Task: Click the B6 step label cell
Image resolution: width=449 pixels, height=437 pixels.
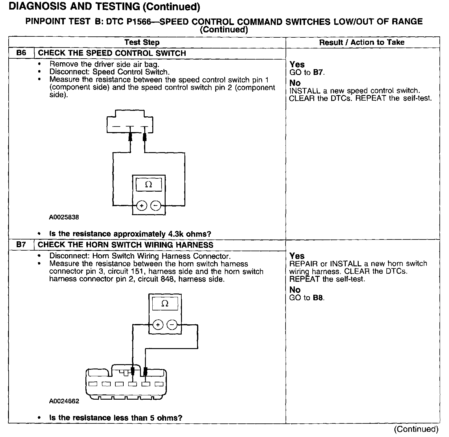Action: click(21, 53)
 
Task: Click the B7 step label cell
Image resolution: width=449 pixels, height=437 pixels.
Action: click(21, 245)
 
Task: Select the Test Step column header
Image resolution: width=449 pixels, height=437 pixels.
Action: click(142, 42)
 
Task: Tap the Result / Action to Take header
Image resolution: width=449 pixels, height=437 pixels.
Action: click(361, 42)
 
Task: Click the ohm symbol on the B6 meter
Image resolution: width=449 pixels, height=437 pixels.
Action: click(149, 185)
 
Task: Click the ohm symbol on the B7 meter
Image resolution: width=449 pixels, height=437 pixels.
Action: click(165, 304)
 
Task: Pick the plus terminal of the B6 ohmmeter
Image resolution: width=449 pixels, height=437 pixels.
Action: click(142, 206)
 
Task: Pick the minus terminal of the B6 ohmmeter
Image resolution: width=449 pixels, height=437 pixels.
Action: click(156, 206)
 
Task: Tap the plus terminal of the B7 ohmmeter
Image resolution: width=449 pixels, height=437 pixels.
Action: click(158, 325)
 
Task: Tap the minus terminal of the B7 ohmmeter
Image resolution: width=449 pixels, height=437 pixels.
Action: click(172, 325)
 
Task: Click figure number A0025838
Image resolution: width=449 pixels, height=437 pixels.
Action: click(64, 217)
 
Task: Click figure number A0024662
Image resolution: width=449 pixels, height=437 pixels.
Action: click(64, 401)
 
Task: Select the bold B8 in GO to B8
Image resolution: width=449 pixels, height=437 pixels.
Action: click(318, 298)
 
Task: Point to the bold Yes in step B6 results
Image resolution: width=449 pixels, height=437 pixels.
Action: click(297, 65)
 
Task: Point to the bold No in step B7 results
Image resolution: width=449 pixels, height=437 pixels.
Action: click(295, 290)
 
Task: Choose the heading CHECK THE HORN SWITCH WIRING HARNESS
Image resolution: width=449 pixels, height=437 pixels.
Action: click(126, 245)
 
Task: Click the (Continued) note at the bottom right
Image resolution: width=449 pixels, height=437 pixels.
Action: click(416, 429)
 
